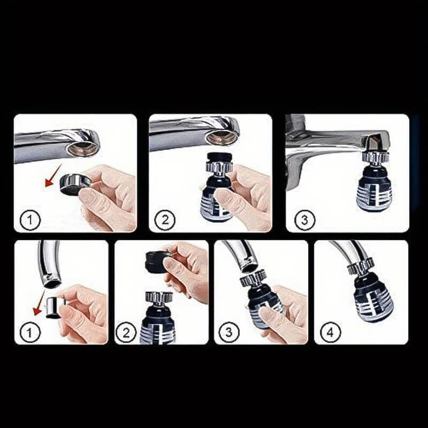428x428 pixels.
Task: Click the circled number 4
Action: click(x=330, y=332)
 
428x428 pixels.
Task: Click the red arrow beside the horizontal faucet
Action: click(x=53, y=175)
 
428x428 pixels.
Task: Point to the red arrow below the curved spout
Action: click(x=39, y=303)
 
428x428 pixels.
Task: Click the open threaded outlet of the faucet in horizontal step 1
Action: click(x=81, y=147)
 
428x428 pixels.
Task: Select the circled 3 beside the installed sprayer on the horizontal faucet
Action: click(x=304, y=220)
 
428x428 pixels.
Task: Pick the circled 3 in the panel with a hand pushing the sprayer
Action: click(x=229, y=332)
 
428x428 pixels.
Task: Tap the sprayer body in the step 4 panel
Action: click(x=373, y=297)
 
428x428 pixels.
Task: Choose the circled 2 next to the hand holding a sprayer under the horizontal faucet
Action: click(x=165, y=220)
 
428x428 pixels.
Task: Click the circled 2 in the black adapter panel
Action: click(x=126, y=332)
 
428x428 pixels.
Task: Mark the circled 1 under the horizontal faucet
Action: click(x=30, y=220)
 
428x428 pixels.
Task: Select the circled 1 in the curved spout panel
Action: click(x=29, y=332)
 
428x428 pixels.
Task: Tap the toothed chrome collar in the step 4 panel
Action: click(x=360, y=266)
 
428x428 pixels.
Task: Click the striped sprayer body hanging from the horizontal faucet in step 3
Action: click(x=374, y=188)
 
